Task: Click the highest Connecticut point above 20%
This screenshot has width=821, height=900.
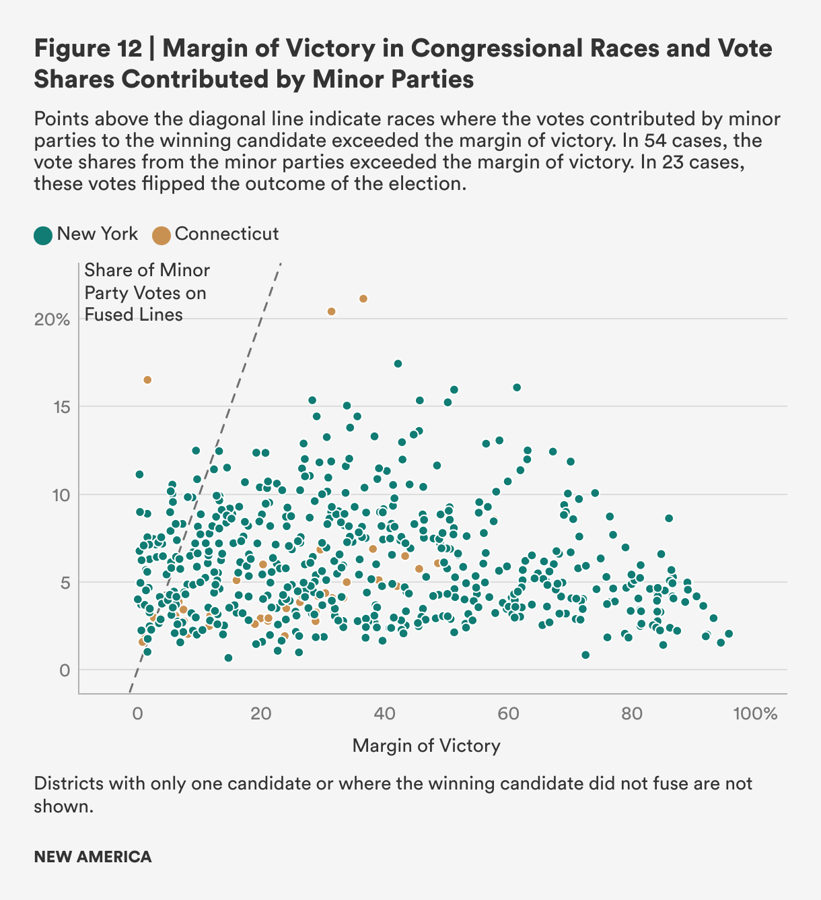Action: pos(363,298)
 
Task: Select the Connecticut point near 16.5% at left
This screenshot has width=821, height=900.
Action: pos(147,380)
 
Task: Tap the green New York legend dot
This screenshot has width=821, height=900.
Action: pos(43,235)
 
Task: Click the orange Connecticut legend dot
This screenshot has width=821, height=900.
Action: pos(162,235)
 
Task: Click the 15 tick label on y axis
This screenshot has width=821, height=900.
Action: pos(61,407)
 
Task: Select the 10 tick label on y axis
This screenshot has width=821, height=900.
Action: pos(61,495)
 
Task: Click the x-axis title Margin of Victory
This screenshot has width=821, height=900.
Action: pos(427,746)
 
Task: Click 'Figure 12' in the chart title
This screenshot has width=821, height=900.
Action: pos(87,49)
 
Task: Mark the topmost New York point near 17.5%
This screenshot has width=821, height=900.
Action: pos(398,364)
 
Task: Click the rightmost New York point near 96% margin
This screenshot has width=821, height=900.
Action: pos(729,634)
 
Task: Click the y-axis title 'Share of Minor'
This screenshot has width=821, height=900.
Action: pos(147,271)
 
